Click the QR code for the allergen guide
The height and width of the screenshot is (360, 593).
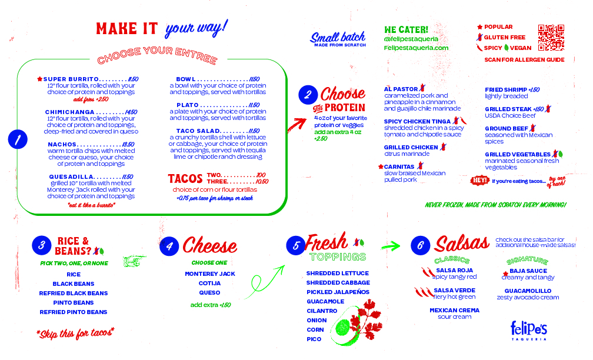coord(551,37)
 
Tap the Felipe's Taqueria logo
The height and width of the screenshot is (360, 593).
coord(529,330)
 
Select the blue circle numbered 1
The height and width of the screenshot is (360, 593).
coord(18,140)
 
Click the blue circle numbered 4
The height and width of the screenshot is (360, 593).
coord(169,246)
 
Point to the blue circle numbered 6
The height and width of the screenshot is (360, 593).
coord(420,246)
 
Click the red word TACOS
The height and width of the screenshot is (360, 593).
coord(185,178)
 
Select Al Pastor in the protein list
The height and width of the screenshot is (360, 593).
coord(400,89)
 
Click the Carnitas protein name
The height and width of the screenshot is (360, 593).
coord(400,166)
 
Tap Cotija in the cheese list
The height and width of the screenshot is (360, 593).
coord(210,283)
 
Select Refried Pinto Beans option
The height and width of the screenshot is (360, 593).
coord(74,312)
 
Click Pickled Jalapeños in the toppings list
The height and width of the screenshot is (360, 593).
coord(338,292)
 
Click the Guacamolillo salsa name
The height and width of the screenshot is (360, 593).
coord(528,291)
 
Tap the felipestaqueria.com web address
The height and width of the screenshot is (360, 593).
coord(416,48)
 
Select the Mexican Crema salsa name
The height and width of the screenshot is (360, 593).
coord(454,310)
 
